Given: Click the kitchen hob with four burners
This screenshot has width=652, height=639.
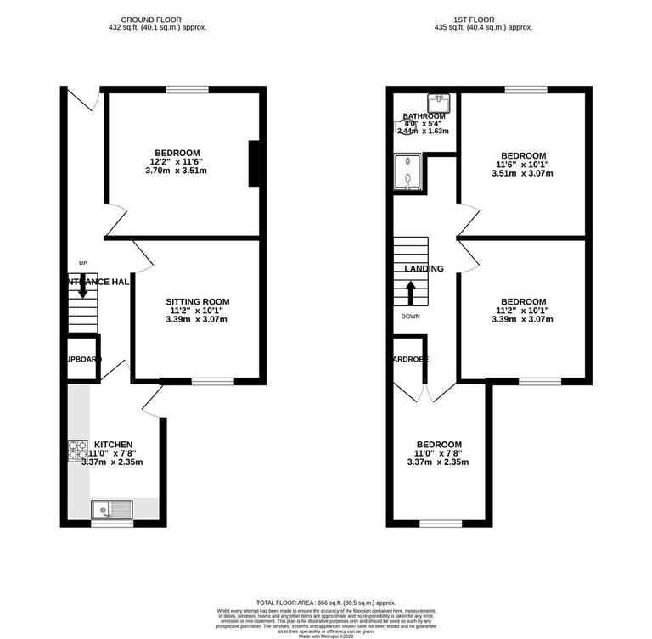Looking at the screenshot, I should tap(78, 450).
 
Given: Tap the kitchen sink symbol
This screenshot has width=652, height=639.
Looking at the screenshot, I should tap(112, 509).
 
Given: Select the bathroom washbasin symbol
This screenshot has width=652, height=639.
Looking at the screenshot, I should tap(440, 103).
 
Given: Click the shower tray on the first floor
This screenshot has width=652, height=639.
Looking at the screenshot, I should tap(408, 173).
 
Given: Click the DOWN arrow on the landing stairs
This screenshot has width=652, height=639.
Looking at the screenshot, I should tap(412, 293).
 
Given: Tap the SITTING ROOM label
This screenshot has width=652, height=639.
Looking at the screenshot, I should tap(197, 301).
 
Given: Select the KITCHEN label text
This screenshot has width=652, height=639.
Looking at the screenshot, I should tap(113, 445).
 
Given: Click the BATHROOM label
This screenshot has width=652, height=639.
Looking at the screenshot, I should tap(423, 116).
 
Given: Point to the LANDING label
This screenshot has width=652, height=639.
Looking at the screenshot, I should tap(424, 269).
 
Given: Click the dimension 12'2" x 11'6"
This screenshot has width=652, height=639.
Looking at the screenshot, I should tap(177, 162).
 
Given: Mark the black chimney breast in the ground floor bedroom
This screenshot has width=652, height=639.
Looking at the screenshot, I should tap(253, 163).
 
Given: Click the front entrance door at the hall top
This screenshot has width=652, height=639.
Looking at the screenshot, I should tap(82, 100).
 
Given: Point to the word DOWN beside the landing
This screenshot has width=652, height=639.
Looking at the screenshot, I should tap(413, 317).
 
